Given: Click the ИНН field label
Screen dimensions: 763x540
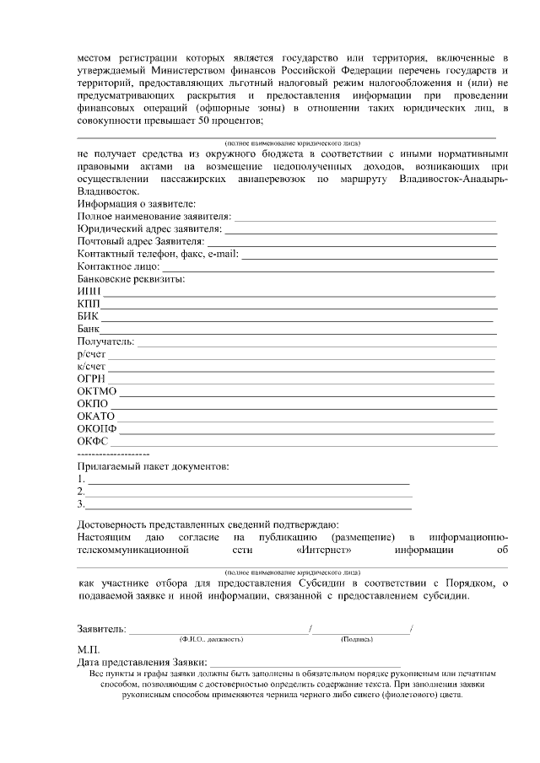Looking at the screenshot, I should tap(89, 292).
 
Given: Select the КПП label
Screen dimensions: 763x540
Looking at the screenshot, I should tap(89, 304).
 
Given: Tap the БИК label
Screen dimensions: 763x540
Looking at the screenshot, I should tap(88, 316).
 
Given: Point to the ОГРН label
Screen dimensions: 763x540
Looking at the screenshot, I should tap(91, 378).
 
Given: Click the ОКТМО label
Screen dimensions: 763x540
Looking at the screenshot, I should tap(96, 390).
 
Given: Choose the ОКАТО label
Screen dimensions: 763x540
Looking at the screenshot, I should tap(95, 416).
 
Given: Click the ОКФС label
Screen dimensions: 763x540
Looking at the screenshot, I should tap(93, 441).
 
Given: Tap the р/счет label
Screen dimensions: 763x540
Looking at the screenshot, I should tap(91, 353).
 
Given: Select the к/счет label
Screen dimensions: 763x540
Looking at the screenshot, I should tap(91, 366).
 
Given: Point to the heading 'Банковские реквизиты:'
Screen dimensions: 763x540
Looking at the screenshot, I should tap(131, 279).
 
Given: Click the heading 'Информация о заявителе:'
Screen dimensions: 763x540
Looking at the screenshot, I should tap(136, 204).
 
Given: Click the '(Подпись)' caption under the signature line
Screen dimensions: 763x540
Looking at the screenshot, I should tap(358, 639).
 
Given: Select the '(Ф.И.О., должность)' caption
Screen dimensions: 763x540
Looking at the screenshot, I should tap(211, 639).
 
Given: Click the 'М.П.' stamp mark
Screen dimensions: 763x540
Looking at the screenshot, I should tap(89, 650).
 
